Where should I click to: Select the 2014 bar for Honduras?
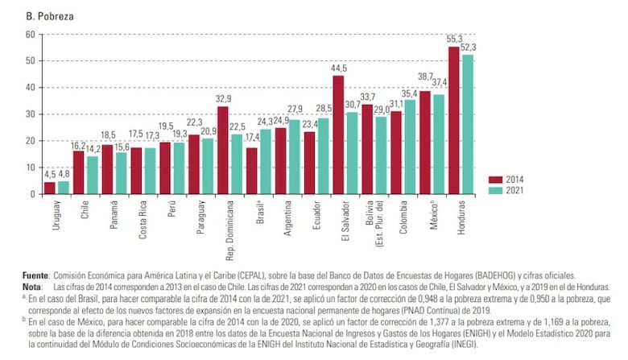(453, 121)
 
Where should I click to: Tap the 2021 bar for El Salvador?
(352, 153)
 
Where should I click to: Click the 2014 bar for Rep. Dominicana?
(223, 151)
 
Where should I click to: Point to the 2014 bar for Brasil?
(252, 171)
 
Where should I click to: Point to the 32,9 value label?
(223, 99)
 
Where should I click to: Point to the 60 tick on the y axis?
(29, 34)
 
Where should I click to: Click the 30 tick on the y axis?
(29, 114)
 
